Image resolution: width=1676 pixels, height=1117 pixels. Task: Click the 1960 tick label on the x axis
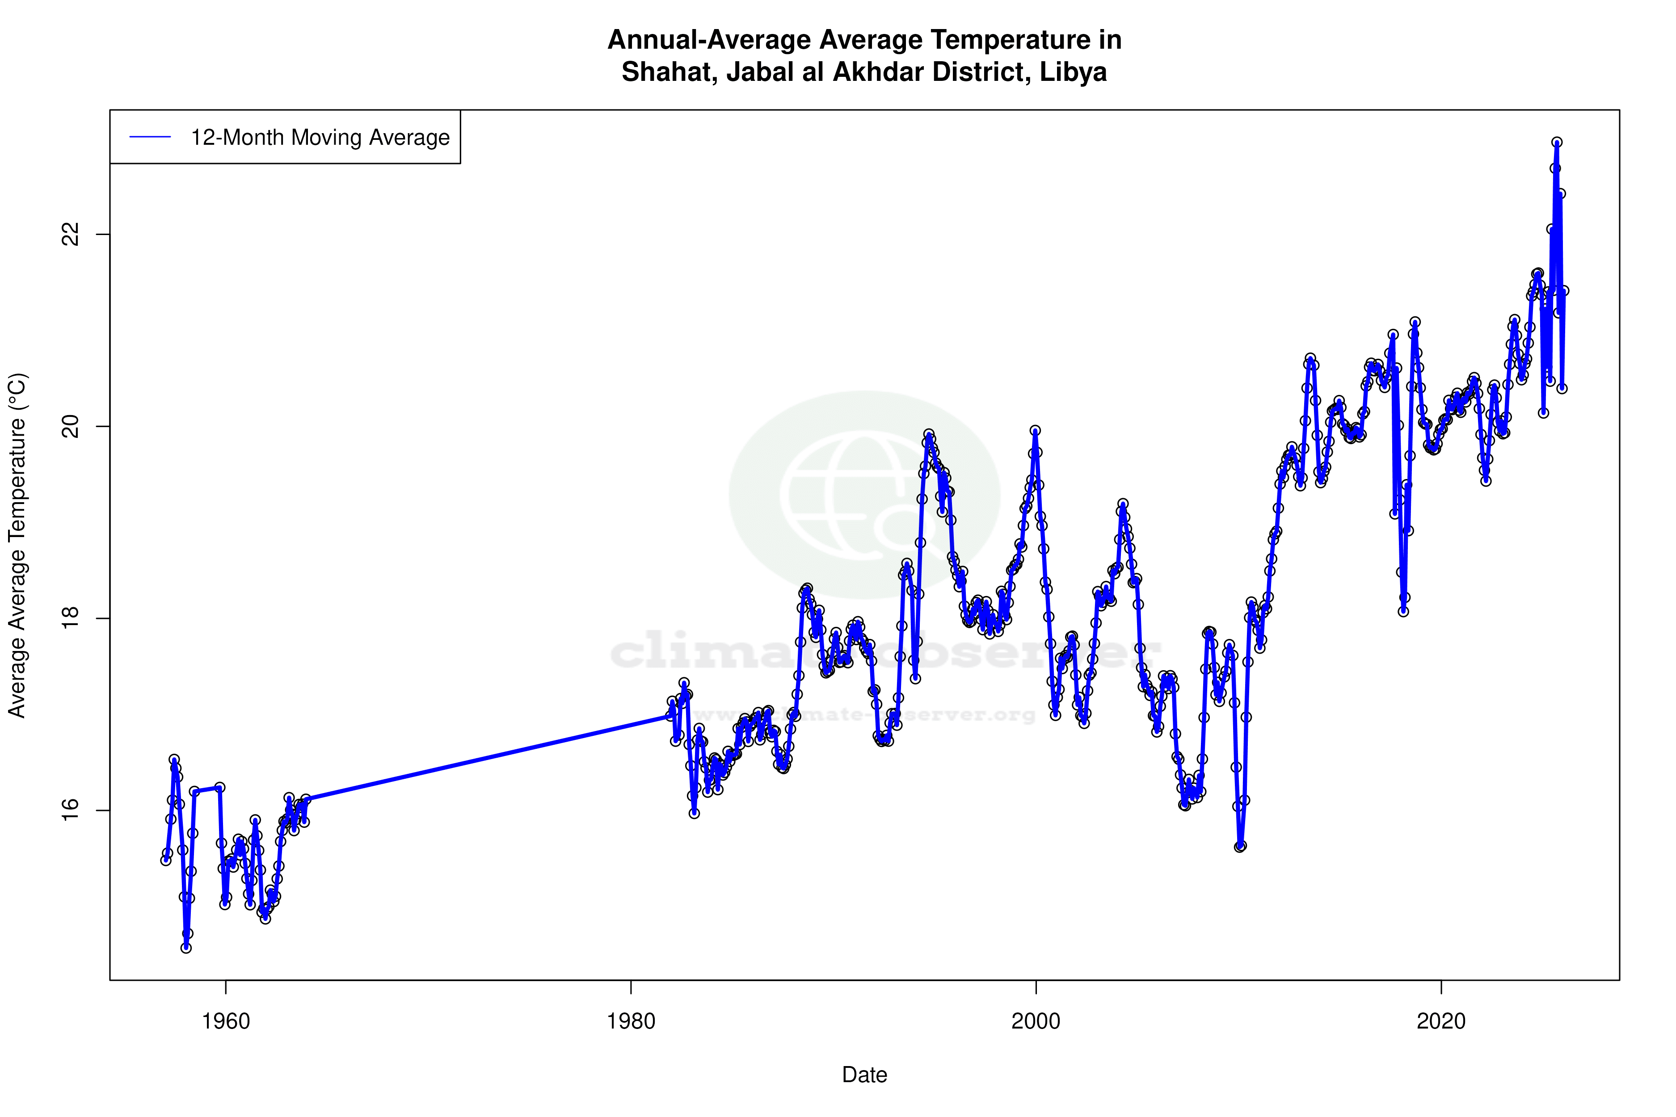[226, 1021]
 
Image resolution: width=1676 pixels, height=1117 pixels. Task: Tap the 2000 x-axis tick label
[1036, 1021]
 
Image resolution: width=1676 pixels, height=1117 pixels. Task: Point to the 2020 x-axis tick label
[1441, 1021]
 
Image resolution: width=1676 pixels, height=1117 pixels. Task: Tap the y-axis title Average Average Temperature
[17, 545]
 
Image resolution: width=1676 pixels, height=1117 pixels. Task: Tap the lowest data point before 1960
[186, 948]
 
